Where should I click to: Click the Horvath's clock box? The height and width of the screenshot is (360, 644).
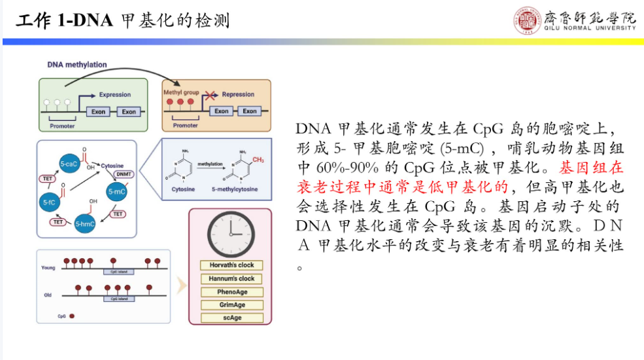[231, 265]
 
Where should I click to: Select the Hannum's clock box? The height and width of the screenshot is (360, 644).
[231, 279]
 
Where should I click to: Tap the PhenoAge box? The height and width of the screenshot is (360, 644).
[231, 292]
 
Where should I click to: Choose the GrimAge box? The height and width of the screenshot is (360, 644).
[231, 305]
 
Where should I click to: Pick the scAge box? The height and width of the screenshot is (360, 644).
[231, 318]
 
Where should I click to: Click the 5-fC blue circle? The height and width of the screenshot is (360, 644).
[50, 201]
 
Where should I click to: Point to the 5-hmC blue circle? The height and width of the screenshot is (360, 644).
[86, 224]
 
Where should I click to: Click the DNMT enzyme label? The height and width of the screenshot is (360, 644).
[123, 175]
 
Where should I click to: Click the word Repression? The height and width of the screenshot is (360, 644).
[238, 94]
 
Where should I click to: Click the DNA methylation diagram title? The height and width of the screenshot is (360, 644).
[77, 65]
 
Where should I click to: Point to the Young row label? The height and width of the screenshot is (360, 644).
[48, 268]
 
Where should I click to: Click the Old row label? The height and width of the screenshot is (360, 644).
[48, 295]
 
